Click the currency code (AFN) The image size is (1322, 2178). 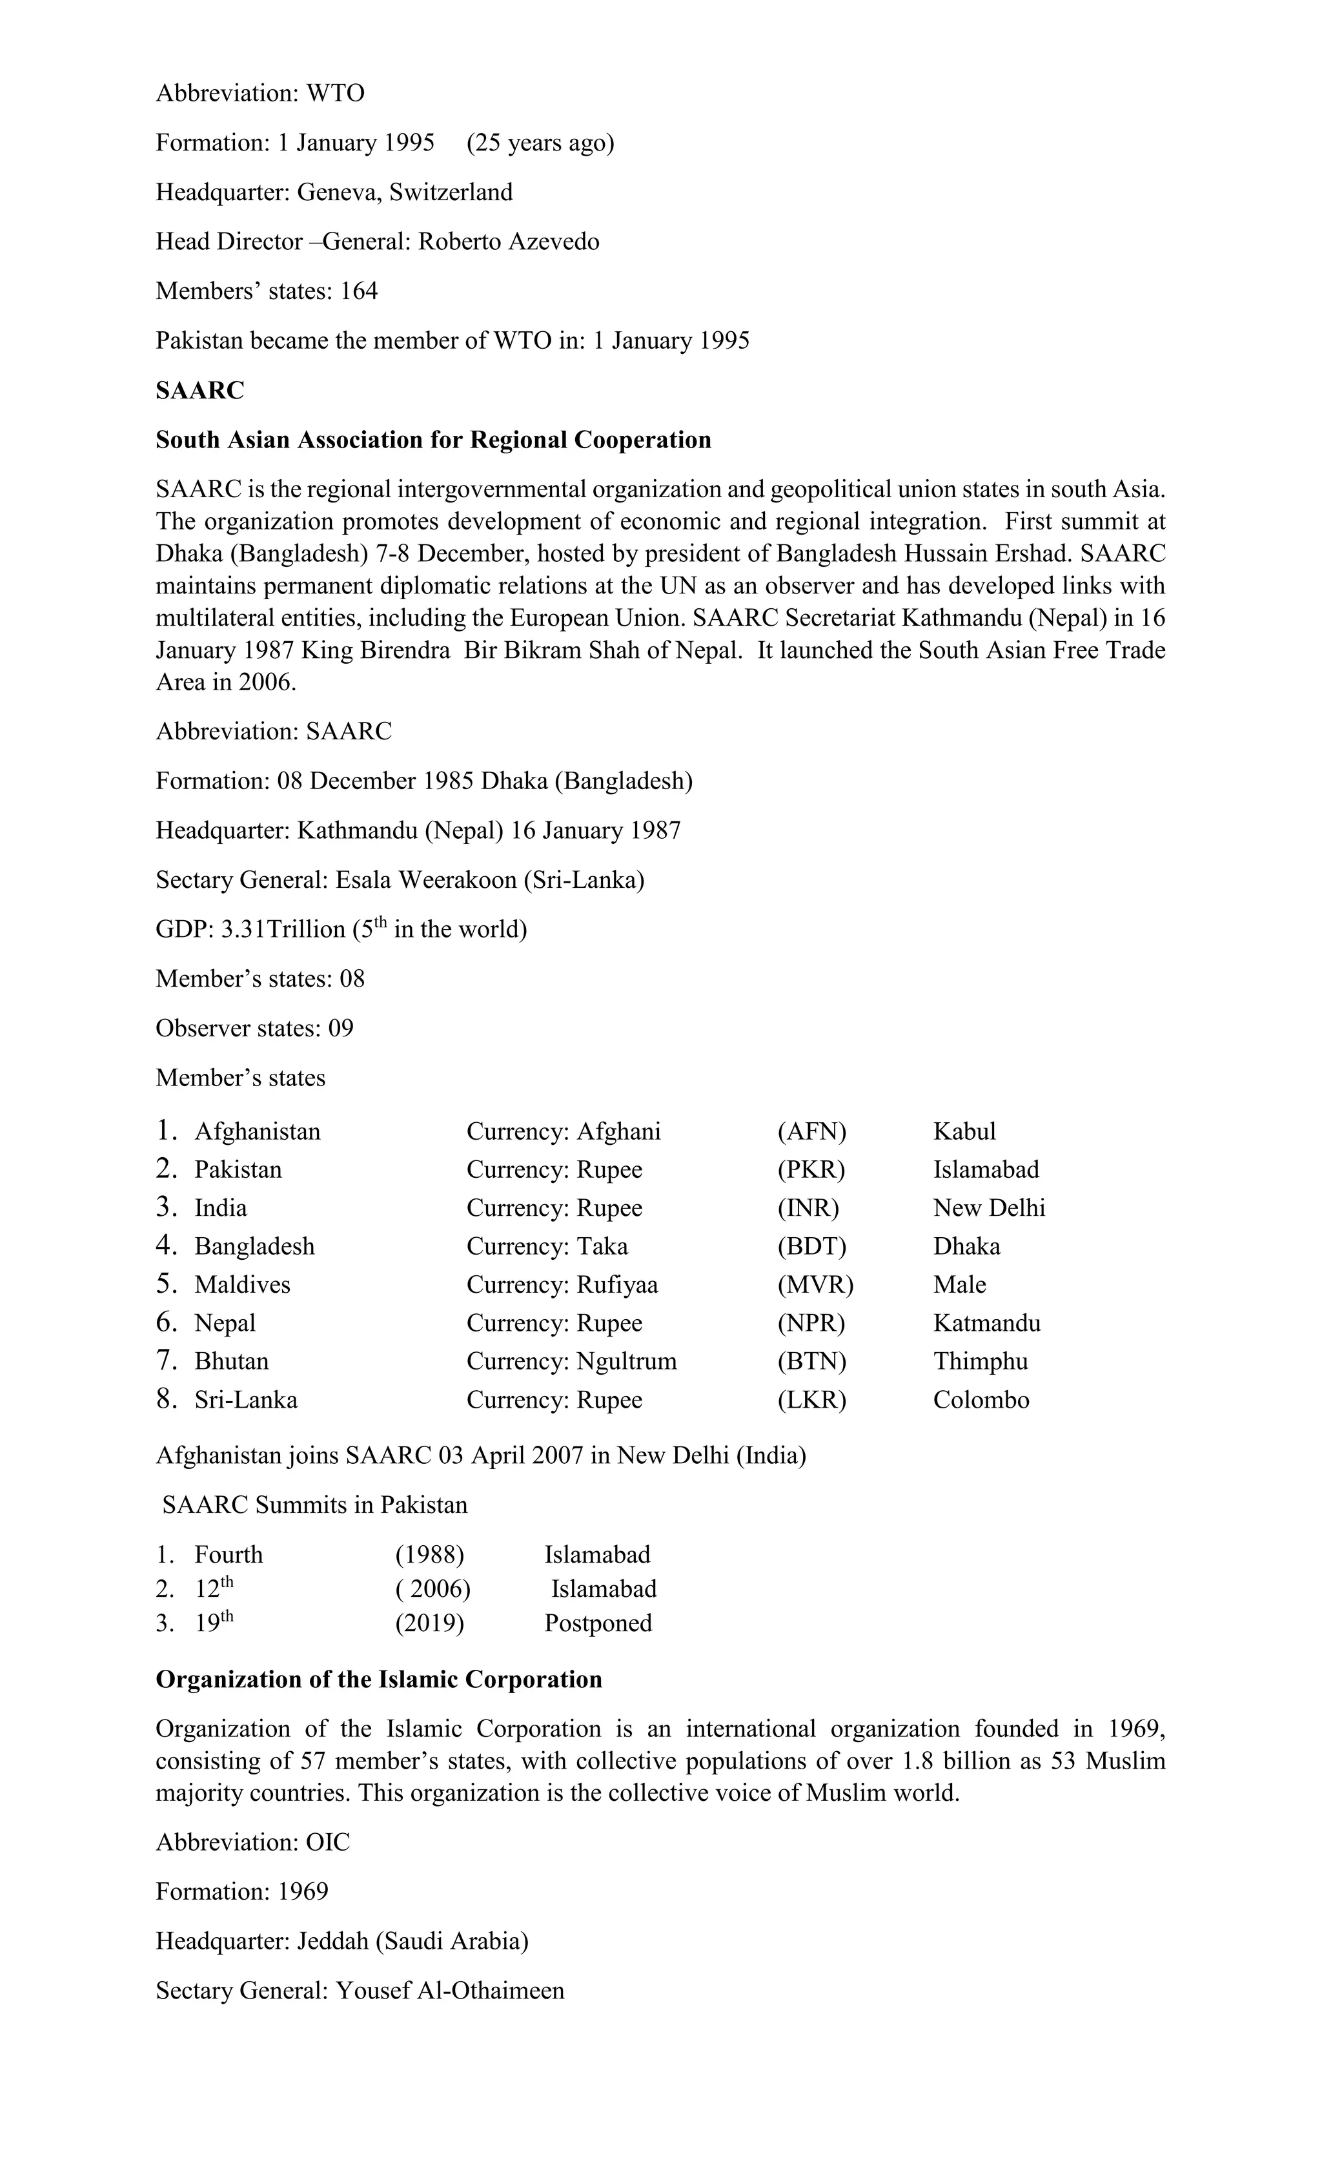click(x=811, y=1131)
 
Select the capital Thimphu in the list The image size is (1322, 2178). click(x=980, y=1361)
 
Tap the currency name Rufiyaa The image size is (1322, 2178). click(x=617, y=1284)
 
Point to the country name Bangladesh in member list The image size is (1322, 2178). click(x=254, y=1246)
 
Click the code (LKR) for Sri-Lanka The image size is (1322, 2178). click(x=811, y=1400)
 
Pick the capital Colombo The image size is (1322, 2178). click(x=981, y=1400)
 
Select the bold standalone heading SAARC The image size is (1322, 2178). click(x=199, y=391)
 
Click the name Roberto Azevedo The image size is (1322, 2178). click(x=508, y=241)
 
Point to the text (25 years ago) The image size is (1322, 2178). click(x=540, y=142)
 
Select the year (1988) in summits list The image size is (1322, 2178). click(x=429, y=1555)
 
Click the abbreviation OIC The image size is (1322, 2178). click(x=328, y=1842)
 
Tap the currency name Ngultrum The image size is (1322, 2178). click(x=627, y=1361)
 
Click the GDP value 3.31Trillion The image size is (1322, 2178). click(x=283, y=929)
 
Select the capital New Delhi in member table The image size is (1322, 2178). click(x=989, y=1208)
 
